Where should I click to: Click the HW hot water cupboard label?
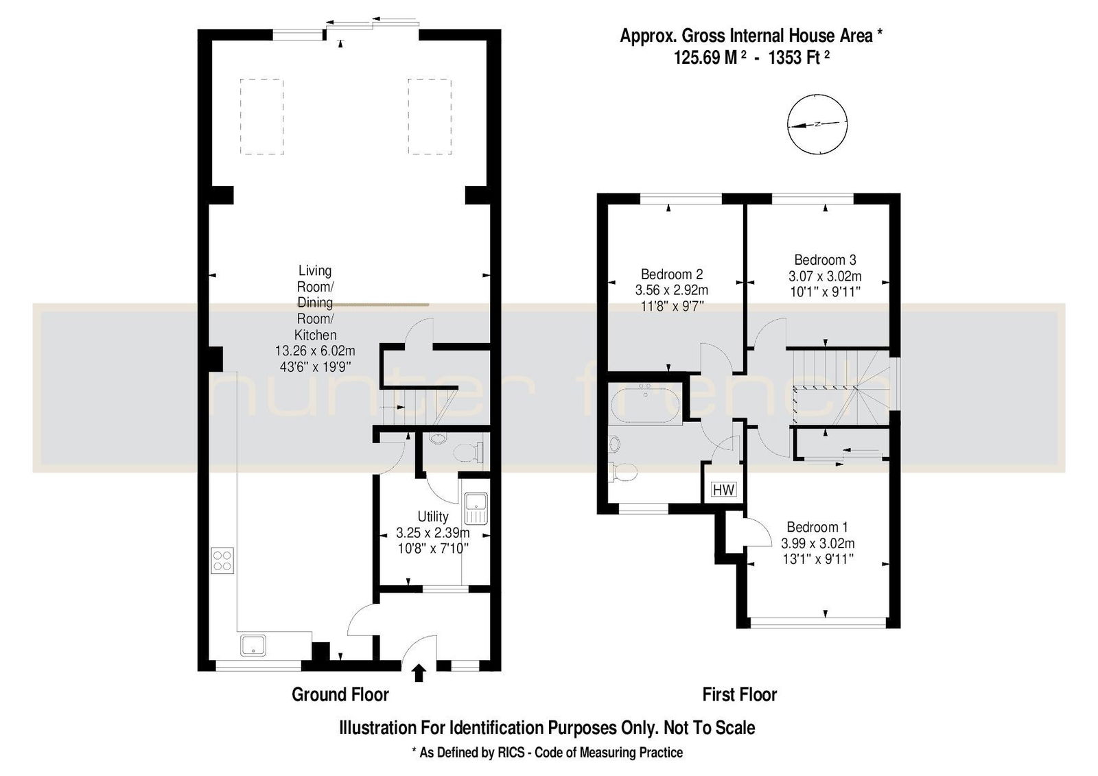pyautogui.click(x=723, y=489)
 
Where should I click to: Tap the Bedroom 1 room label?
pyautogui.click(x=817, y=527)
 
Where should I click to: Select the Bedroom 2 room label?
pyautogui.click(x=672, y=274)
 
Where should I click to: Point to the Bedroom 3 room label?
pyautogui.click(x=825, y=259)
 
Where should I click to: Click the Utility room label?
pyautogui.click(x=433, y=517)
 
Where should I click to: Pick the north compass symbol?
pyautogui.click(x=817, y=124)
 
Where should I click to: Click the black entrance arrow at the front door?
pyautogui.click(x=419, y=673)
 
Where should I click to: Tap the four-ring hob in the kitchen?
pyautogui.click(x=222, y=561)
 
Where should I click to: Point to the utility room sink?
pyautogui.click(x=476, y=508)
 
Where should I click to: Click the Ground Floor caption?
pyautogui.click(x=340, y=694)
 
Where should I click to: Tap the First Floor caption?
pyautogui.click(x=740, y=694)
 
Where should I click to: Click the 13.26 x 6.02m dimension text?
pyautogui.click(x=315, y=351)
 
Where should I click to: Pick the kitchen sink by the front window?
pyautogui.click(x=253, y=645)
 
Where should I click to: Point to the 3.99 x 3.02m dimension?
pyautogui.click(x=817, y=543)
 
